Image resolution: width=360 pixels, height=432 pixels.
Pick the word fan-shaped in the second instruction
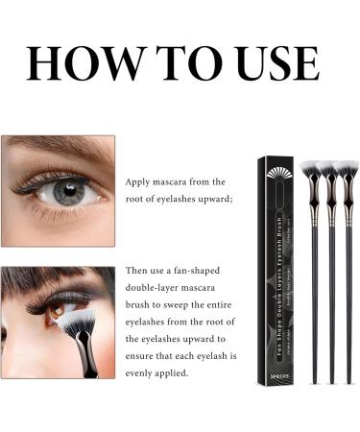pyautogui.click(x=201, y=271)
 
